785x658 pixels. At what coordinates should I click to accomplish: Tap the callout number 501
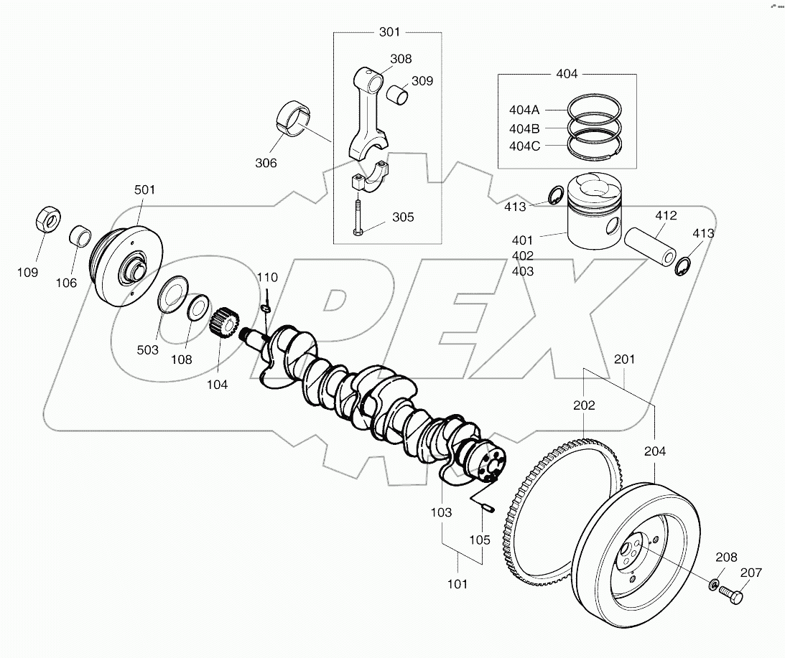[144, 189]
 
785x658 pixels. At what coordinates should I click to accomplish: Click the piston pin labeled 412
[650, 247]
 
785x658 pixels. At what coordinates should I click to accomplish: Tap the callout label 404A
[524, 110]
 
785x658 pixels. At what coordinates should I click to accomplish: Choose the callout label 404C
[524, 145]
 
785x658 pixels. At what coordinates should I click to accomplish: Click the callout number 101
[457, 583]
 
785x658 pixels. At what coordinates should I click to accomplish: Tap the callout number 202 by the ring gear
[584, 405]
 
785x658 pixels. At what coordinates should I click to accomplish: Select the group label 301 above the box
[389, 32]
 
